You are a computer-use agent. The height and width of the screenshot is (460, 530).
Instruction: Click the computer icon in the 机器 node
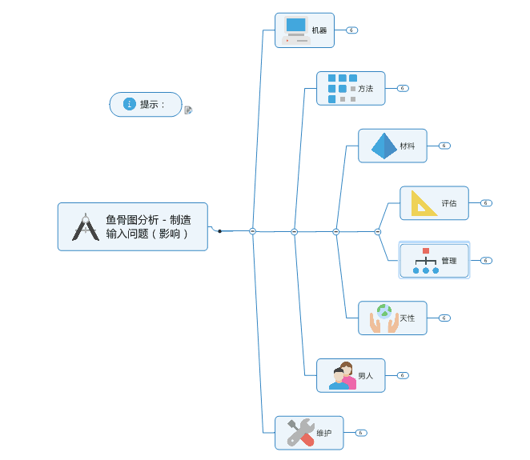(296, 30)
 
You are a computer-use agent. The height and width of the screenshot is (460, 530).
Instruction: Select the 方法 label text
(366, 89)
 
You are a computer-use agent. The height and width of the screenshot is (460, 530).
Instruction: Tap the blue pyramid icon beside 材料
(383, 146)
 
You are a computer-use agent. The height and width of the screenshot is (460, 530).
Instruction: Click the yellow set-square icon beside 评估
(424, 203)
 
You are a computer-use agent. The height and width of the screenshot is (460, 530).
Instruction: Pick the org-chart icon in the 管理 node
(425, 261)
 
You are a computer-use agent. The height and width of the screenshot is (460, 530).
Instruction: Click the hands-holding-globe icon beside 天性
(383, 318)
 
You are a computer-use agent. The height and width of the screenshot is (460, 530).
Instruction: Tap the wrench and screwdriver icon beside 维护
(300, 433)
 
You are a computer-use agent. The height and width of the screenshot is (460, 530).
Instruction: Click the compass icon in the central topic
(86, 227)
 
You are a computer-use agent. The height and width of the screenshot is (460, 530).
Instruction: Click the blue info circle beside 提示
(130, 104)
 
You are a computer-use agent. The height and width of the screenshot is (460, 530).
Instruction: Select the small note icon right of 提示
(188, 110)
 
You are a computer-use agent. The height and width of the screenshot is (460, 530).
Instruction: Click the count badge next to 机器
(351, 30)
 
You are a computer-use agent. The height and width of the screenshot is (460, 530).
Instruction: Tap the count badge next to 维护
(361, 433)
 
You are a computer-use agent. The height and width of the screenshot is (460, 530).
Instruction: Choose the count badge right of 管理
(486, 261)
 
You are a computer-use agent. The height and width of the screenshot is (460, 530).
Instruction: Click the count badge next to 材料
(444, 146)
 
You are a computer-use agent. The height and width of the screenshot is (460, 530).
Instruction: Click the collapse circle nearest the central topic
(252, 231)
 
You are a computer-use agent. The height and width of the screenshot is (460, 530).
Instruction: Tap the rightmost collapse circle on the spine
(377, 231)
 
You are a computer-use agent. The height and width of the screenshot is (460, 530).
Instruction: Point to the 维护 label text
(323, 434)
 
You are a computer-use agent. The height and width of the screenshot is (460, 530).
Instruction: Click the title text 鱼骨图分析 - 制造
(148, 220)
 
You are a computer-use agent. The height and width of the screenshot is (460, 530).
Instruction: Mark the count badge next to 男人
(403, 375)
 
